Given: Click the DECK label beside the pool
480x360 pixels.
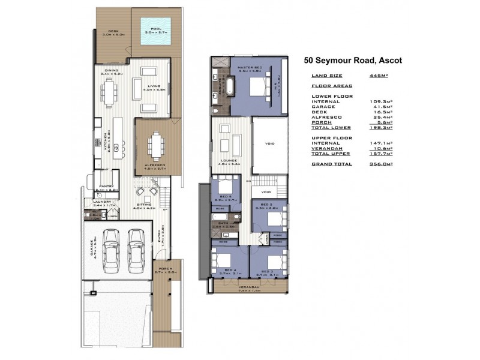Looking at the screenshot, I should (x=112, y=31).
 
